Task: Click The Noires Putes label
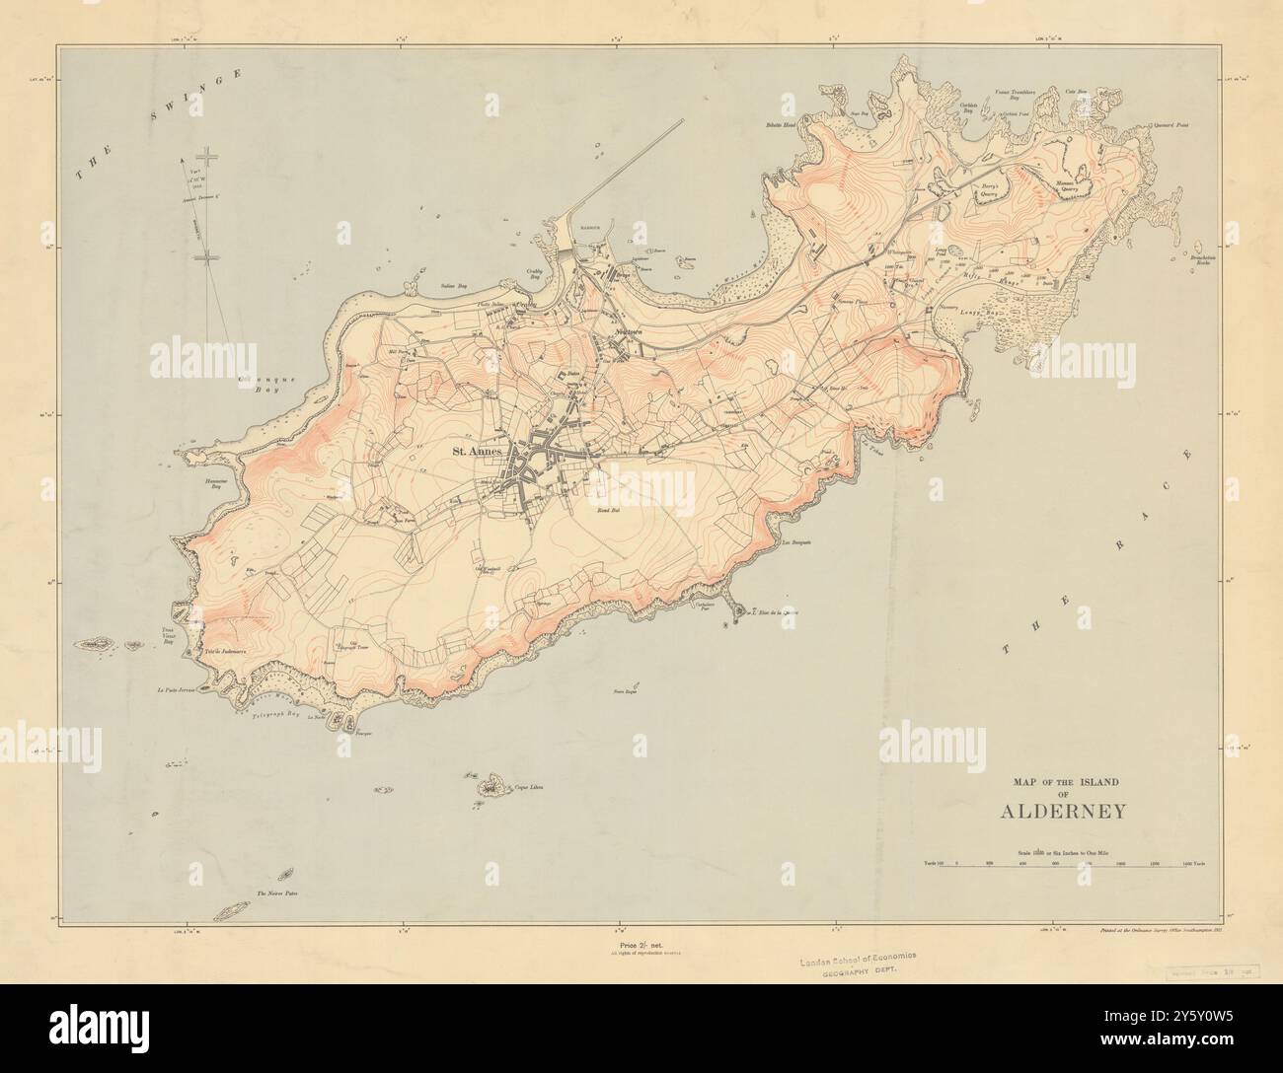pyautogui.click(x=277, y=894)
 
